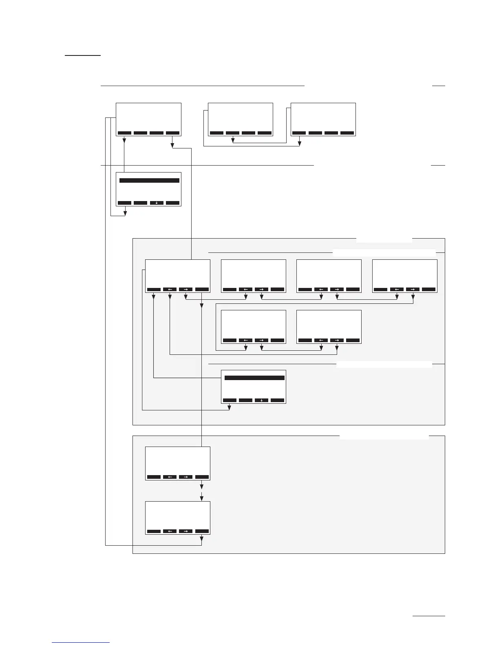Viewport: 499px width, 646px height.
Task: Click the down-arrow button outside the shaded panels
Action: (157, 203)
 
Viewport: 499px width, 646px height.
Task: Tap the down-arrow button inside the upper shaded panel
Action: (261, 400)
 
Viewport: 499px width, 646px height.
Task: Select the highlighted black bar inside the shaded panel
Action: (254, 378)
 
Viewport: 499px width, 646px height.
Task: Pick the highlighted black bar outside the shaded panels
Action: (149, 180)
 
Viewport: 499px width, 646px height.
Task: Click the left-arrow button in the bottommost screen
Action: (170, 531)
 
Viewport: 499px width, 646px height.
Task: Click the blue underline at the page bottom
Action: (81, 643)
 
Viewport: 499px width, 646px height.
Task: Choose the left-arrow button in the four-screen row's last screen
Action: (397, 290)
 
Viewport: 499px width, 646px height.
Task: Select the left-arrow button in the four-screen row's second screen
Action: (245, 290)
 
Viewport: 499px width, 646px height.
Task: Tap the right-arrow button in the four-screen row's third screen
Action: (337, 290)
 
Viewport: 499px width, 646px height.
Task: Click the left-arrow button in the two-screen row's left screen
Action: (245, 340)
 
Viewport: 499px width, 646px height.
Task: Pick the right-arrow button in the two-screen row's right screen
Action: (337, 340)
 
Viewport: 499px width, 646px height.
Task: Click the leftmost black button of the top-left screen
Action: (124, 133)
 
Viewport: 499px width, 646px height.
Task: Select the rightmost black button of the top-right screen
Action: (347, 133)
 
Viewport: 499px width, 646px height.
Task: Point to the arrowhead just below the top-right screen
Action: (300, 143)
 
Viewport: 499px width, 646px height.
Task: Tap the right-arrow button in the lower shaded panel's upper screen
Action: (185, 477)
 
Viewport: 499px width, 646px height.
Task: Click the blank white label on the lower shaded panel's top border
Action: (384, 436)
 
